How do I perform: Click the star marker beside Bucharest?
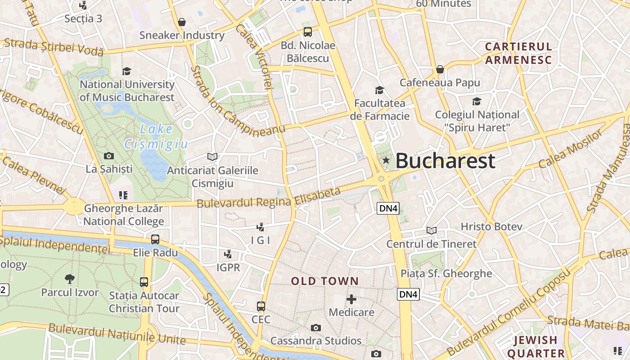(x=386, y=160)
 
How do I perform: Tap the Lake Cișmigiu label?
(x=156, y=136)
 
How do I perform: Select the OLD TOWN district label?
(x=325, y=282)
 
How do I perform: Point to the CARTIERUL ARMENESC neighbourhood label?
(x=518, y=53)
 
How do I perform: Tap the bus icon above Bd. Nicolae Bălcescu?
(x=308, y=32)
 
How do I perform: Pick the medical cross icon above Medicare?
(x=351, y=299)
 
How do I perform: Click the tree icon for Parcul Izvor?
(x=70, y=279)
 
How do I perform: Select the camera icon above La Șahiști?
(x=109, y=156)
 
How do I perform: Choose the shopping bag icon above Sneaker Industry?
(x=182, y=22)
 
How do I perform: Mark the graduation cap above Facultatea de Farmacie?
(x=380, y=90)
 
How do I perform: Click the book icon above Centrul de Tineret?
(x=432, y=231)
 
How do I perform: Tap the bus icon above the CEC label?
(x=261, y=306)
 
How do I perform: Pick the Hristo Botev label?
(x=491, y=226)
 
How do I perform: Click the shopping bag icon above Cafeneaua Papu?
(x=440, y=69)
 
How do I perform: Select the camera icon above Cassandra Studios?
(x=316, y=328)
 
